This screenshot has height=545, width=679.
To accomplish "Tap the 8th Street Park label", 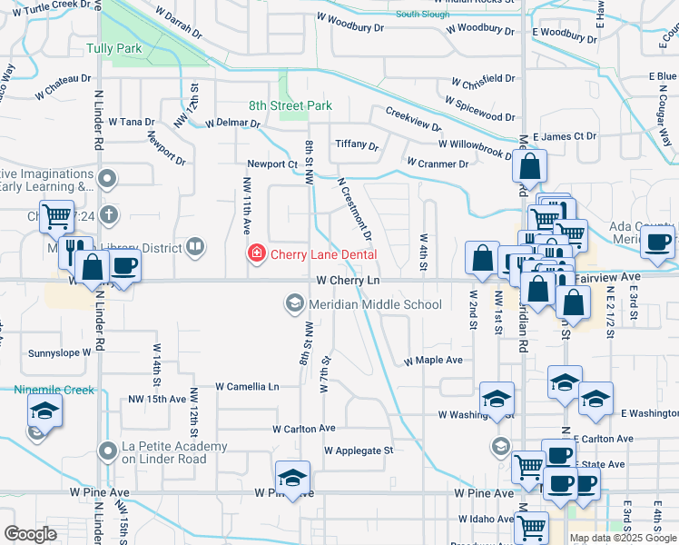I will point(290,106).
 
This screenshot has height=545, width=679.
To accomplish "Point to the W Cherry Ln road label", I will point(349,282).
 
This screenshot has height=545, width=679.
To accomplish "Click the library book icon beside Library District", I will point(194,246).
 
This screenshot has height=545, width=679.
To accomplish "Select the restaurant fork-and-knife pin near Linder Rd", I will point(74,251).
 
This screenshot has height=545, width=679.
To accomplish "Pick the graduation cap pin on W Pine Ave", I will point(292,478).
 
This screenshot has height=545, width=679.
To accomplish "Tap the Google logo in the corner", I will point(30,534).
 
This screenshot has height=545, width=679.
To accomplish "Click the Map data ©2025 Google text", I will point(622,538).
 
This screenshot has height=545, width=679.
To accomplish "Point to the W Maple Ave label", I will point(433,361).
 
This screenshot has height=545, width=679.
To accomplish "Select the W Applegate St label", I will point(359,450).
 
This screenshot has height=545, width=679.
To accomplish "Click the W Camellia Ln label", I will point(247,386).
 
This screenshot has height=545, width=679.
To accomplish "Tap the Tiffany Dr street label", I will point(356,144).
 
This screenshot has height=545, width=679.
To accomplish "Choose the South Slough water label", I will point(422,15).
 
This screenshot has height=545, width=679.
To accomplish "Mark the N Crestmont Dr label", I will point(355,208).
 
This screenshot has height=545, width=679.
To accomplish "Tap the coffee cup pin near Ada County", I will point(657,243).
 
